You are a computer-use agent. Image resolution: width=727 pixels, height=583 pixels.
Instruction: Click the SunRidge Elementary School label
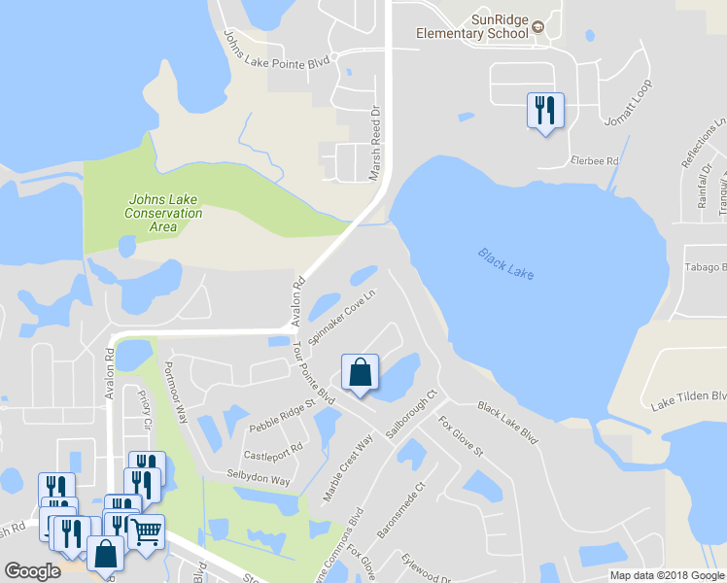coord(471,26)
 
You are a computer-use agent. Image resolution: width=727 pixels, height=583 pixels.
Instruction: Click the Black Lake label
coord(506,262)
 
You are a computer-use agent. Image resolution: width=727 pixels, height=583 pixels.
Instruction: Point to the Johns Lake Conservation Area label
coord(165,213)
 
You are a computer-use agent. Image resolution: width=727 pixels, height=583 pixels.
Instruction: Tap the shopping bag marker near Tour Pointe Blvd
coord(360,372)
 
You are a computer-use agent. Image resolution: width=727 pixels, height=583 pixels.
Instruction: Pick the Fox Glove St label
coord(461,437)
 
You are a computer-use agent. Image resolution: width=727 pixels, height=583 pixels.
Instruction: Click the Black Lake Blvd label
coord(507,423)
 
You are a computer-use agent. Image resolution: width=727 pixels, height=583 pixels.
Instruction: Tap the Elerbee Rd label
coord(595,161)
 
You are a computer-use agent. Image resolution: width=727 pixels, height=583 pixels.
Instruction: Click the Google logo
coord(32,571)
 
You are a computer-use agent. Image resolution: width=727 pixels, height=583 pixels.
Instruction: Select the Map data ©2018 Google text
coord(667,575)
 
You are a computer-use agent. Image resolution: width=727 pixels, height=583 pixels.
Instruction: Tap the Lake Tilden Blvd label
coord(690,398)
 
